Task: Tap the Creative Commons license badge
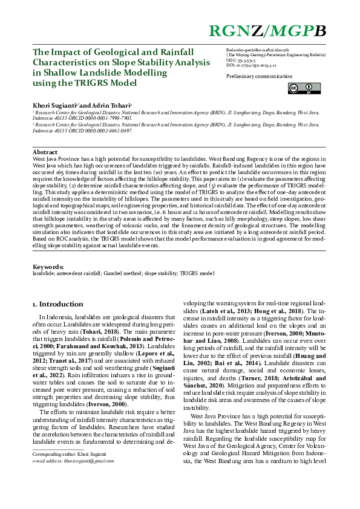click(x=295, y=89)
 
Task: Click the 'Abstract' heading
click(x=45, y=152)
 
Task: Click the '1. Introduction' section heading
click(x=57, y=304)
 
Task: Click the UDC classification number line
click(x=241, y=61)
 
